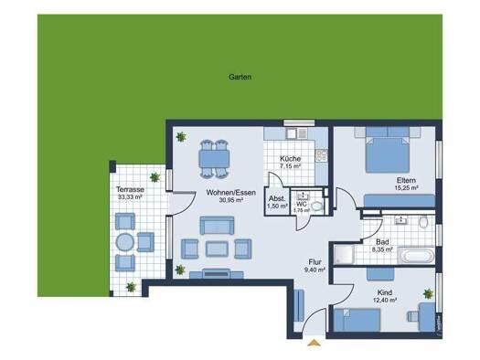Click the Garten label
[x=240, y=77]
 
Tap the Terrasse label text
[x=130, y=190]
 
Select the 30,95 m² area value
[x=230, y=200]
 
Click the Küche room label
[x=290, y=159]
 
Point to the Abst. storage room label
[x=277, y=198]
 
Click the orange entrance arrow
[x=315, y=343]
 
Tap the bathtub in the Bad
[x=416, y=255]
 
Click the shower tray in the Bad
[x=344, y=254]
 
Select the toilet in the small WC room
[x=317, y=206]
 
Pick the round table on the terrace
[x=125, y=242]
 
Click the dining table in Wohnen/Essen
[x=214, y=159]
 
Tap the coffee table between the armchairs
[x=217, y=249]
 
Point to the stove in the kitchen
[x=322, y=155]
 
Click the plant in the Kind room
[x=428, y=293]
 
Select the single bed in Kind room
[x=357, y=320]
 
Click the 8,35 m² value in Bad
[x=382, y=249]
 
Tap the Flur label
[x=315, y=262]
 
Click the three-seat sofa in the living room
[x=217, y=226]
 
